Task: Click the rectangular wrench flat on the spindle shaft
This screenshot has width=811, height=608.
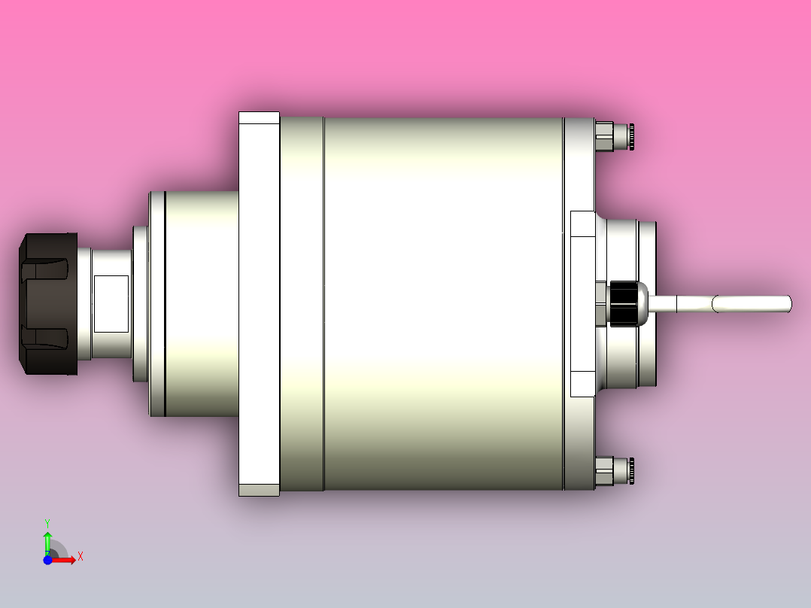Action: coord(111,304)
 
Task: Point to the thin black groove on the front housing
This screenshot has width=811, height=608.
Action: coord(165,304)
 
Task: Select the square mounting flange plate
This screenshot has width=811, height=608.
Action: coord(259,304)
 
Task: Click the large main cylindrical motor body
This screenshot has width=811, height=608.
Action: coord(444,304)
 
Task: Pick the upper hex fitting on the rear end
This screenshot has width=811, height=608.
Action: coord(604,136)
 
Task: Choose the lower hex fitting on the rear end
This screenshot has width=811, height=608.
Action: coord(604,472)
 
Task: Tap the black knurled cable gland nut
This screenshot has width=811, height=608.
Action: coord(623,304)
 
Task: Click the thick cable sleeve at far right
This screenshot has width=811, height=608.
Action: coord(752,304)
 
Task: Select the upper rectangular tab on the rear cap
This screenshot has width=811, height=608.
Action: coord(582,223)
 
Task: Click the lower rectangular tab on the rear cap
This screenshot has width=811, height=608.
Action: coord(582,384)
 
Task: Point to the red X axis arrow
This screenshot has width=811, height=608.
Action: coord(65,559)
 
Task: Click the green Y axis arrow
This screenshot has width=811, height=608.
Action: coord(47,541)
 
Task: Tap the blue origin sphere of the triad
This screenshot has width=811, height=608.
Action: coord(47,560)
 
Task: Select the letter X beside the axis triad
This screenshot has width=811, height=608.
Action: coord(80,556)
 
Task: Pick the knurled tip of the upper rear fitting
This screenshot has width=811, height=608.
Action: coord(633,136)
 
